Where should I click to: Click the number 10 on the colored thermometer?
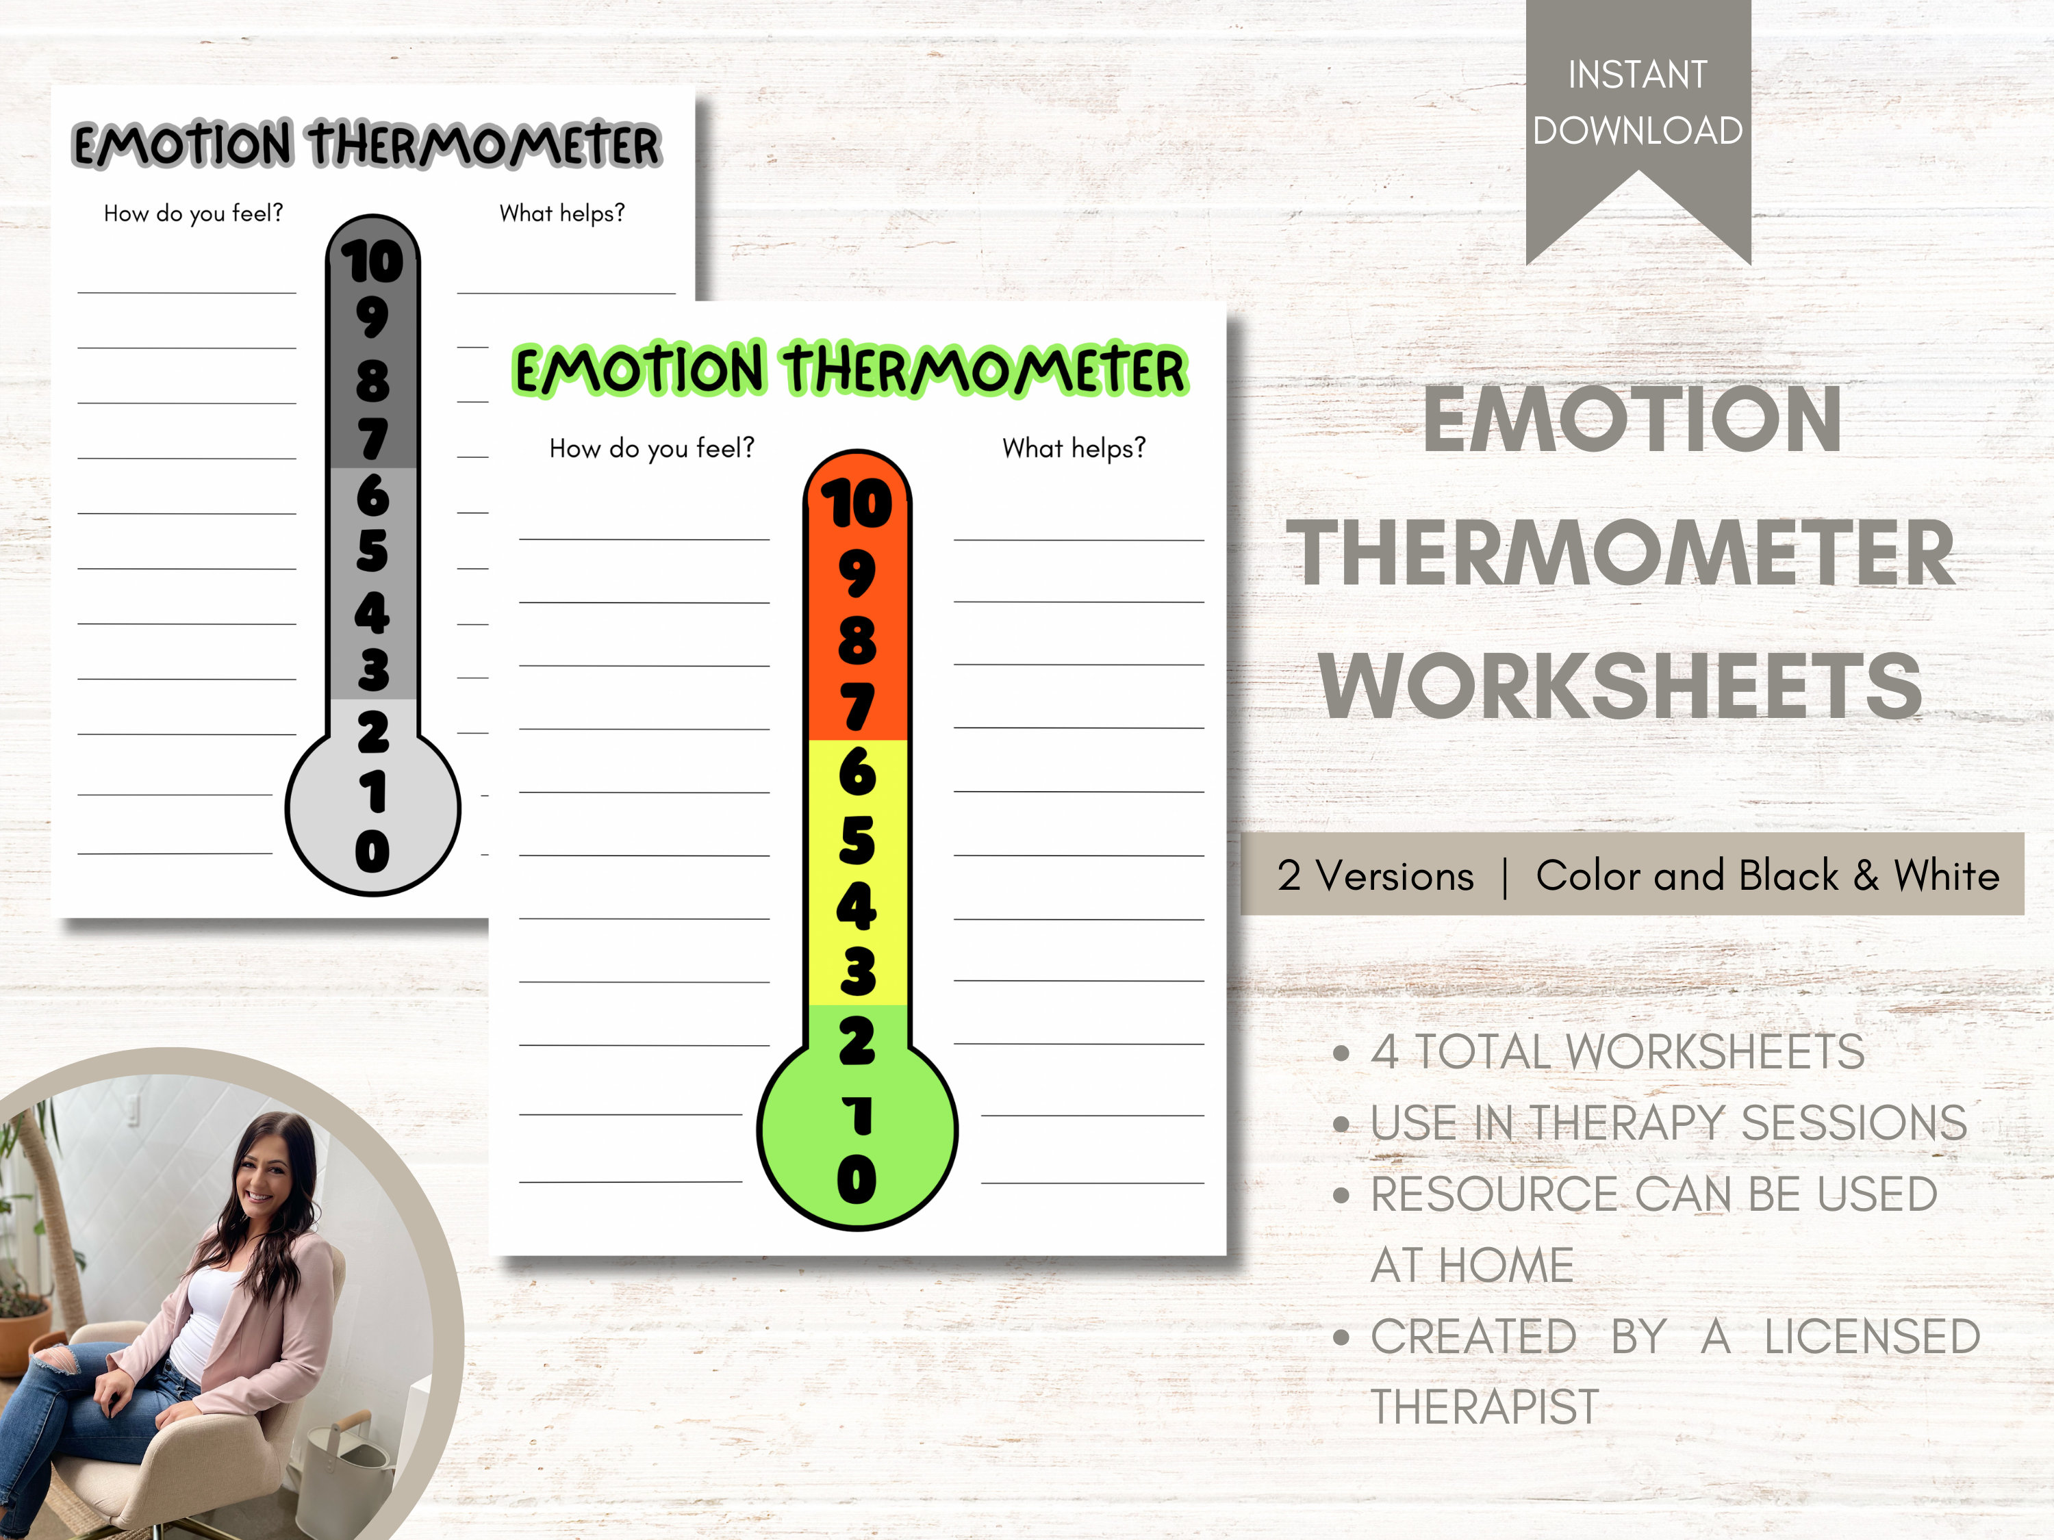pos(856,504)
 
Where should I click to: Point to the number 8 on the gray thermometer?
pos(372,381)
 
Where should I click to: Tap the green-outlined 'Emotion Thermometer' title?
pos(850,370)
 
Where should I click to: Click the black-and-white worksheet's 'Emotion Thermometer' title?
pos(367,145)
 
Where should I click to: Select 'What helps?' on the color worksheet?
pos(1074,448)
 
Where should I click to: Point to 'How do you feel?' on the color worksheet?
pos(651,448)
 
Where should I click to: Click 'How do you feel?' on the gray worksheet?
pos(193,214)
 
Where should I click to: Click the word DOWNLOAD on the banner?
pos(1637,131)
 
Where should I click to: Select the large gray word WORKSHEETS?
pos(1621,687)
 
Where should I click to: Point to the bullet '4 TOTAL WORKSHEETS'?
pos(1616,1052)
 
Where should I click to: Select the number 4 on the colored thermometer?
pos(856,906)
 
